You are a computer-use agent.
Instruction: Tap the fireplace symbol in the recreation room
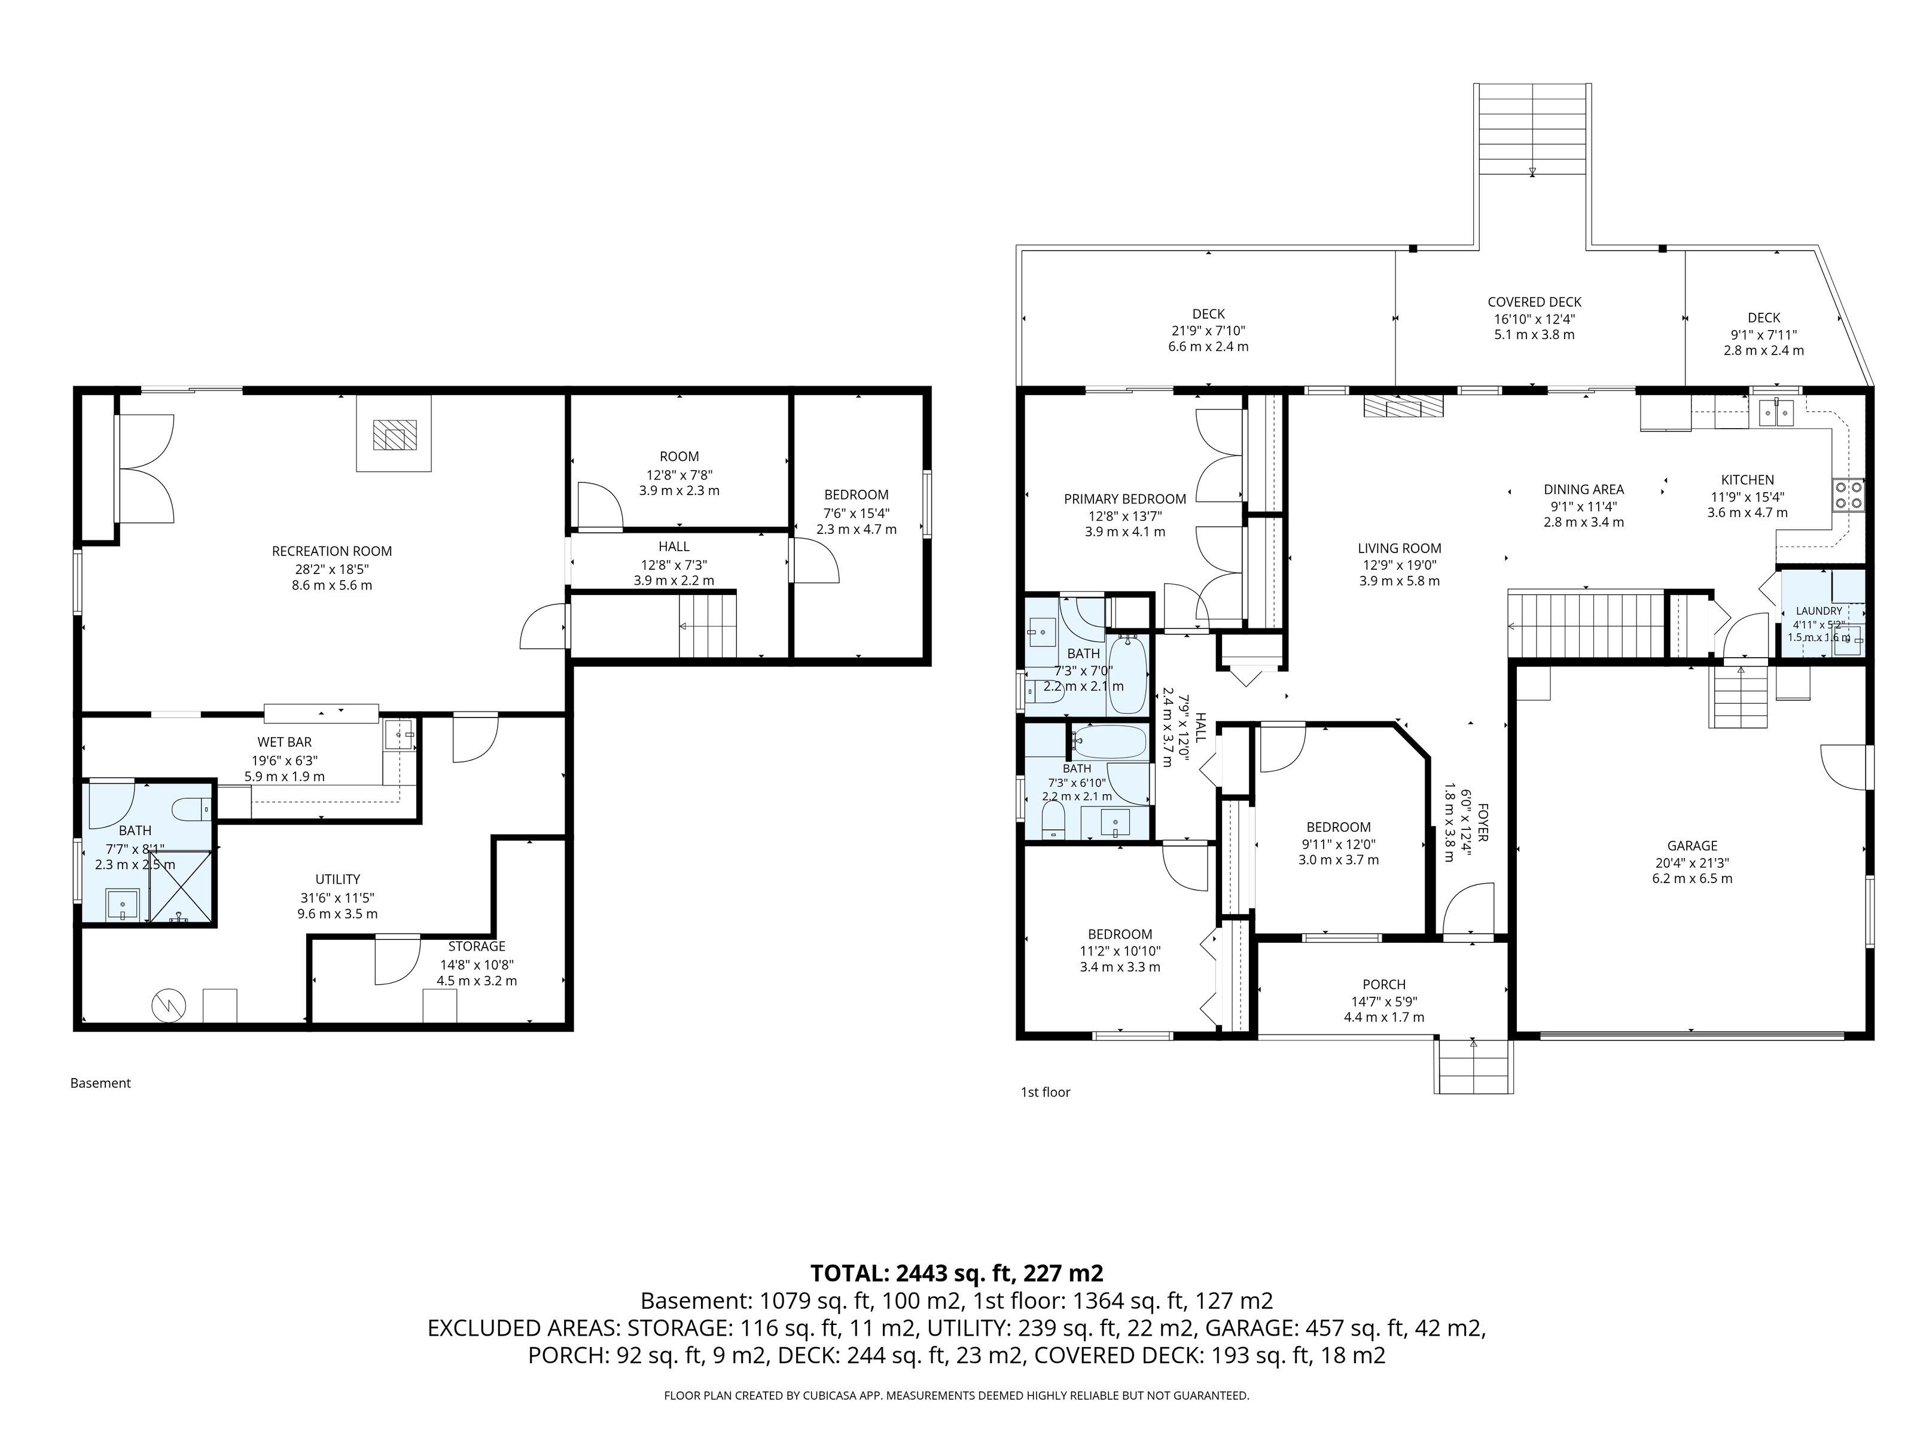394,433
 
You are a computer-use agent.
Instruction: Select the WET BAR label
284,742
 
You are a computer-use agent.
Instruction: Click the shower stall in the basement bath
181,887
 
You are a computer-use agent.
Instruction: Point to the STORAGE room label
477,947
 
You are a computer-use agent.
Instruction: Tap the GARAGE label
1693,846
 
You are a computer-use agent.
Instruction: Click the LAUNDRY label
1819,610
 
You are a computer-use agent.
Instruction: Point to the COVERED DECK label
1534,302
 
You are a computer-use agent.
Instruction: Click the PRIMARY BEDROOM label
1125,499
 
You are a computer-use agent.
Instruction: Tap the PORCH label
1383,984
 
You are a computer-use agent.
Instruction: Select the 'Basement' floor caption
100,1083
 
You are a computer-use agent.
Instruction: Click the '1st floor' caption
1046,1092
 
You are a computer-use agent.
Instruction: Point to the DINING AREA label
1583,490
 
